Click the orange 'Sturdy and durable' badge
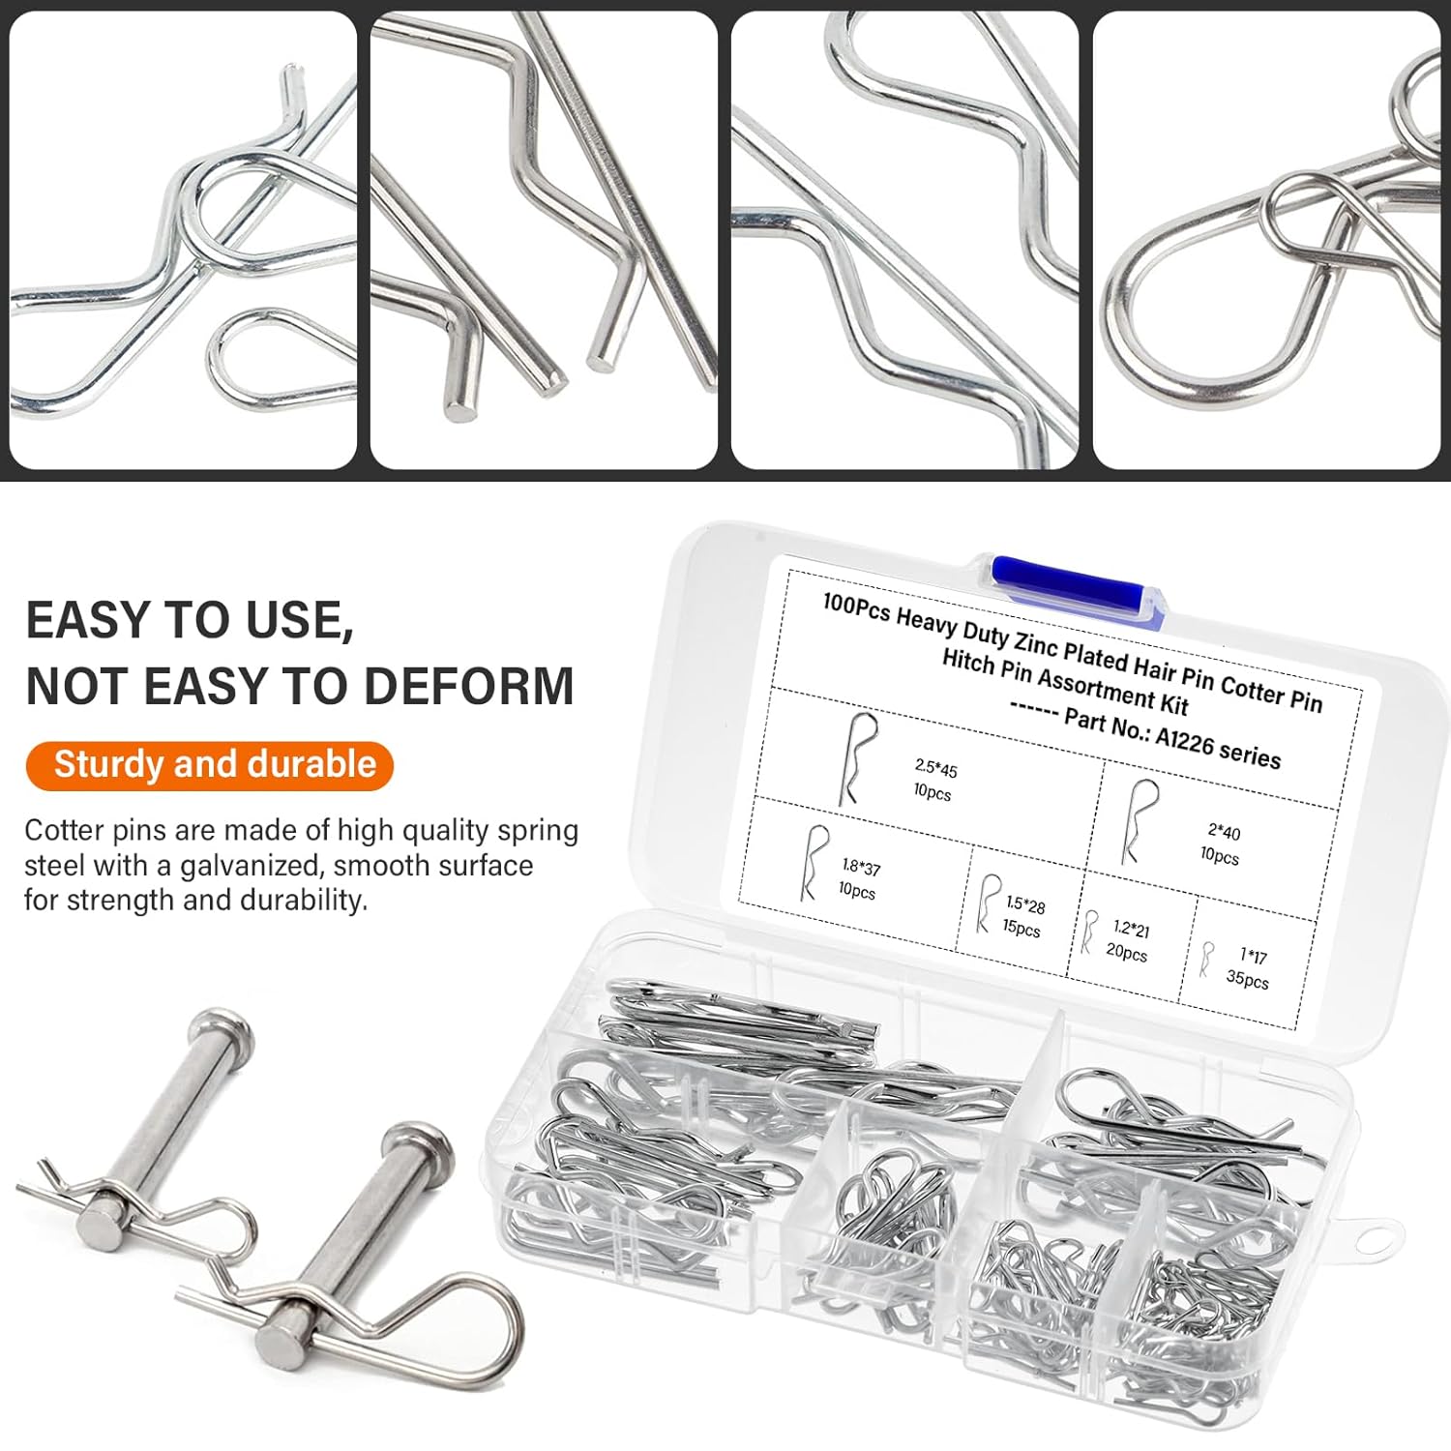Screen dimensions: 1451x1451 (209, 765)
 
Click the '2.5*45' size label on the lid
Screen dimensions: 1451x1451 (936, 769)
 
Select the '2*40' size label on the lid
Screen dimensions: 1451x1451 (1224, 831)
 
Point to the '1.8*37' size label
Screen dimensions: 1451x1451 (861, 867)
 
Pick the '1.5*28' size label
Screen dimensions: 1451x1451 (1025, 905)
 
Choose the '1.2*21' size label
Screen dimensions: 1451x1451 (1131, 930)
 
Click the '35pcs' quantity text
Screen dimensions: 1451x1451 (1247, 979)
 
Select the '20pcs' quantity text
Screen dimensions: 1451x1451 (1126, 953)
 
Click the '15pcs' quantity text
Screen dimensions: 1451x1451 (1021, 929)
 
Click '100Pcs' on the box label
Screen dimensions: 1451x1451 (856, 607)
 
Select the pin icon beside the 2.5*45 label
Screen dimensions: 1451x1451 (857, 759)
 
